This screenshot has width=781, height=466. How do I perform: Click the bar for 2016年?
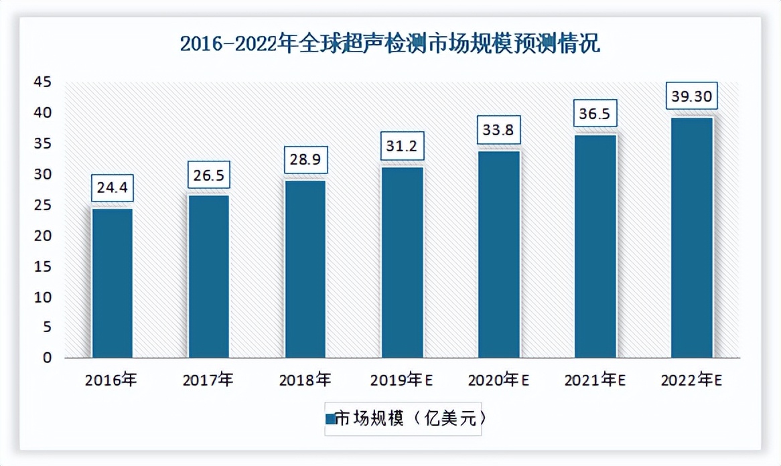coord(113,283)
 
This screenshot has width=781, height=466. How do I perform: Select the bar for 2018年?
coord(305,269)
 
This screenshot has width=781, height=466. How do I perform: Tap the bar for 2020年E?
coord(499,254)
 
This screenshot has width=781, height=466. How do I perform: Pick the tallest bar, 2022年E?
coord(692,238)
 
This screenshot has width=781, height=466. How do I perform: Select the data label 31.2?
coord(403,145)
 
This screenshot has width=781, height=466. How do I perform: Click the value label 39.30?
coord(692,96)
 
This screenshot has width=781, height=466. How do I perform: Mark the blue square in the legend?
coord(330,419)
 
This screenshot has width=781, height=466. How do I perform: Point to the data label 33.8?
coord(499,130)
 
